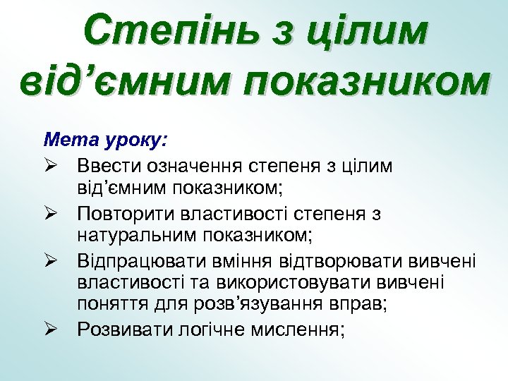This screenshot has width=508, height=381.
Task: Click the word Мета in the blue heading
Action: pyautogui.click(x=66, y=140)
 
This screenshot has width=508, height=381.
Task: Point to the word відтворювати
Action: pyautogui.click(x=322, y=262)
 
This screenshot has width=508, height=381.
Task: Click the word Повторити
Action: pyautogui.click(x=123, y=213)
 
